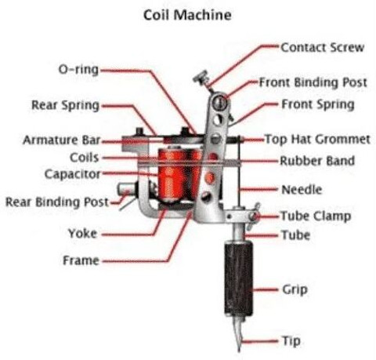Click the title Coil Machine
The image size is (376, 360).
pos(187,15)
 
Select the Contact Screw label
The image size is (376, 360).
pos(322,48)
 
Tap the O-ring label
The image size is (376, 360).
pos(78,70)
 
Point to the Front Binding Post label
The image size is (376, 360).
pos(313,82)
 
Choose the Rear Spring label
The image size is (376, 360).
pos(65,105)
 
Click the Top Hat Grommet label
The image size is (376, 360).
pos(317,139)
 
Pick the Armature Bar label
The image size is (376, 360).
pos(62,140)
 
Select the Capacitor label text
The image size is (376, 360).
pos(72,174)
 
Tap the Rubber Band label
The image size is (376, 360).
pos(317,161)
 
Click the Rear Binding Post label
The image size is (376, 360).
pos(57,202)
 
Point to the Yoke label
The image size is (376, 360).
pos(82,233)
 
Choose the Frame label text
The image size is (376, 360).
pos(81,260)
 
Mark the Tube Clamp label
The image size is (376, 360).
pos(316,216)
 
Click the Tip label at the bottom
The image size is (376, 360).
pos(291,341)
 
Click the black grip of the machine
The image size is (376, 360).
pos(238,278)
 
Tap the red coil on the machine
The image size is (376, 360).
pos(180,175)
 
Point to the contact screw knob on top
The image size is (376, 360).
pos(201,78)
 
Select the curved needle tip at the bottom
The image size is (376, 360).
pos(238,335)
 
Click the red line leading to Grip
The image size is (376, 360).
pos(265,289)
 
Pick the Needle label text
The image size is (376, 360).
pos(302,190)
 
